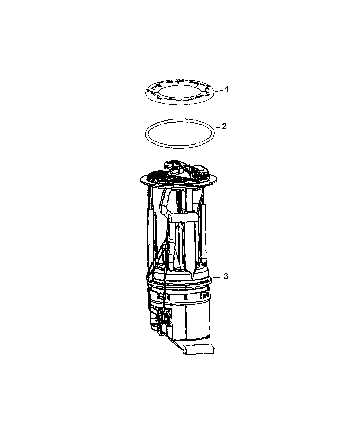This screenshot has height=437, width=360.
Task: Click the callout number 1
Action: click(x=227, y=90)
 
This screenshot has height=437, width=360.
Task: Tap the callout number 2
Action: click(x=224, y=126)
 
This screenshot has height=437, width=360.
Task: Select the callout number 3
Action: click(x=226, y=276)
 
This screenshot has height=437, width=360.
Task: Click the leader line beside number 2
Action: click(x=217, y=127)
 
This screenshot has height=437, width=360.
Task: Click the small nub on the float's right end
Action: click(x=214, y=349)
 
